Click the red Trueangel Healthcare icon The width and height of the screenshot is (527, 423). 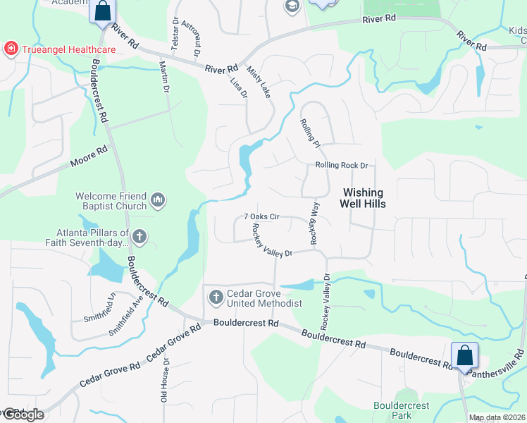coord(11,49)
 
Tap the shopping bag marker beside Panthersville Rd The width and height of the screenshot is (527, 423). coord(465,355)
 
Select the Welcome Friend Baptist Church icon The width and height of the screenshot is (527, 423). coord(158,201)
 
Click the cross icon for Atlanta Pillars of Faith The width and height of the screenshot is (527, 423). coord(139,237)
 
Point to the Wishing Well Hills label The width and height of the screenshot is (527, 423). coord(363,198)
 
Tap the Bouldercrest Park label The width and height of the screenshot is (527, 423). coord(402,410)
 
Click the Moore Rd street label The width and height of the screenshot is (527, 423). coord(88,157)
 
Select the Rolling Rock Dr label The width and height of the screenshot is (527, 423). coord(342,166)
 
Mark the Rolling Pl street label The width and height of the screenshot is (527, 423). coord(310,132)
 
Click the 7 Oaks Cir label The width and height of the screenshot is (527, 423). coord(262,217)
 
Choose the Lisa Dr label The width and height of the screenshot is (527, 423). coord(239,87)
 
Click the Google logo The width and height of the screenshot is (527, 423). coord(23,415)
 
